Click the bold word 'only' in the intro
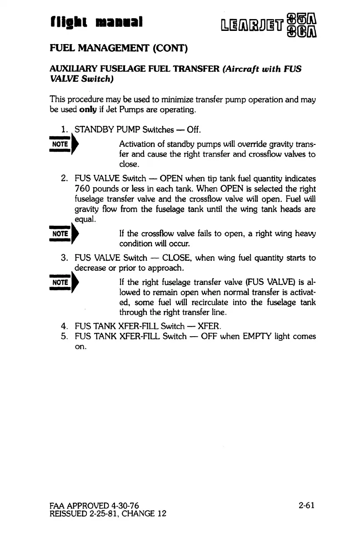click(88, 109)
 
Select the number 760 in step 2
click(83, 189)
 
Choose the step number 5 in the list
click(64, 337)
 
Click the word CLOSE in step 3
click(175, 258)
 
